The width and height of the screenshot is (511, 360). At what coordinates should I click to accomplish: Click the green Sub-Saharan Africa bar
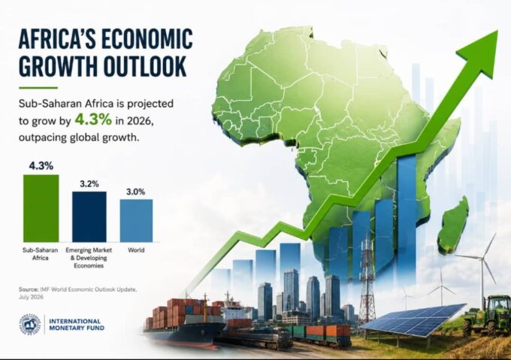41,208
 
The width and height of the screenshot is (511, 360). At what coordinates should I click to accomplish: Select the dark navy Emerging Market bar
89,216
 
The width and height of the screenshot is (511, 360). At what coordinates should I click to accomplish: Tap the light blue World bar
136,220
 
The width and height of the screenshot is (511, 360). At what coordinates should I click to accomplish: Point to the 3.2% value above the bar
89,184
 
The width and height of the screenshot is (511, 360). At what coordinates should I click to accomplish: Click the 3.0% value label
136,192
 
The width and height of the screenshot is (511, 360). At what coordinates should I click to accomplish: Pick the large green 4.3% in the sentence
93,120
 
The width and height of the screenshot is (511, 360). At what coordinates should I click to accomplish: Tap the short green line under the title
38,88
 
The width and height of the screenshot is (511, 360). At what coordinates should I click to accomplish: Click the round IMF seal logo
29,324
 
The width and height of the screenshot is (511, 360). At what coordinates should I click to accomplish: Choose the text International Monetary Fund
77,325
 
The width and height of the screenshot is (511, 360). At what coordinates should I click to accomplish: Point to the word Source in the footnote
29,289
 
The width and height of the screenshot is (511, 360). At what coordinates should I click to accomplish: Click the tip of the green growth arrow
497,31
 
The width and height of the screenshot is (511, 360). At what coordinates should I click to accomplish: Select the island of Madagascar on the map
454,225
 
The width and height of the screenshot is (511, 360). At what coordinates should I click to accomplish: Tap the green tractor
487,315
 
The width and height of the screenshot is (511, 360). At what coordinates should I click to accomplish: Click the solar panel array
413,319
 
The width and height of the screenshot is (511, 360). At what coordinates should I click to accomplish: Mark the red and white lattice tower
367,280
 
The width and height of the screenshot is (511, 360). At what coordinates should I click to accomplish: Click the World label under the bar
136,250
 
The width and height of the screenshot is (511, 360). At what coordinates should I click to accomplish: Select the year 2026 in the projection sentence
139,121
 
